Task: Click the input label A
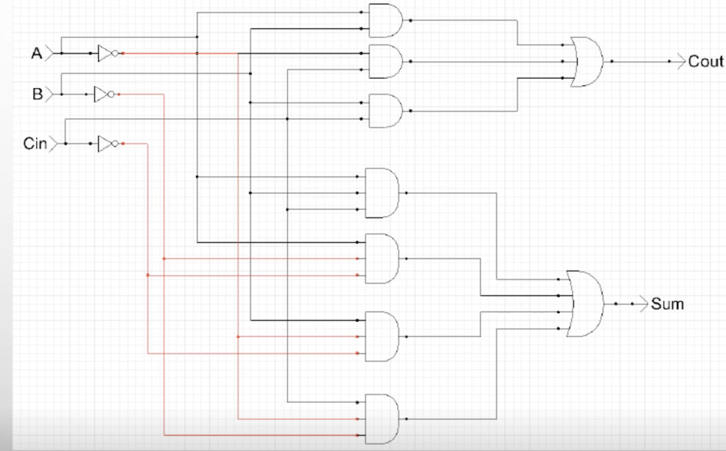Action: (x=36, y=53)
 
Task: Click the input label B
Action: (x=37, y=94)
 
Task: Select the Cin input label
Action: (x=35, y=143)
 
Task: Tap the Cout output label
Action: (x=706, y=61)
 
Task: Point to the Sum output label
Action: (x=667, y=304)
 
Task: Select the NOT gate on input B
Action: (x=104, y=95)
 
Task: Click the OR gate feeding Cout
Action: (x=586, y=61)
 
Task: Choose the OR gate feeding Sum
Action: (x=585, y=304)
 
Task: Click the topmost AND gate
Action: (x=386, y=21)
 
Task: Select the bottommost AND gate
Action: (x=382, y=419)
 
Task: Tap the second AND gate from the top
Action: (x=386, y=61)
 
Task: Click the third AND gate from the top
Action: (x=386, y=111)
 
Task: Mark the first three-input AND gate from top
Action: (x=382, y=193)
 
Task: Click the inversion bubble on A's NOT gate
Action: (x=115, y=53)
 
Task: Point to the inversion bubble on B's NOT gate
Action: (x=111, y=95)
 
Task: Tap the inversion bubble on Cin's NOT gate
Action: (x=115, y=143)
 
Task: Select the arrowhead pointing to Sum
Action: (x=644, y=304)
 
